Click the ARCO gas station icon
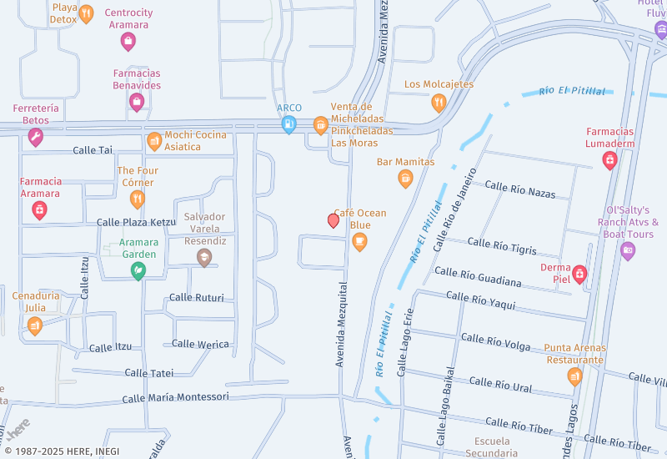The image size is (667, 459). coord(288,124)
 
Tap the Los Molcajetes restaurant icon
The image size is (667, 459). coord(439,103)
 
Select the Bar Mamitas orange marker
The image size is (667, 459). coord(405,178)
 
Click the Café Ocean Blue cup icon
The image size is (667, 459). coord(359,242)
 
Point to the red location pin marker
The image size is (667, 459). coord(333,220)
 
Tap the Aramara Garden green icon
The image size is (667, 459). coord(138,270)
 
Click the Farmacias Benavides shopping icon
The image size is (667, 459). coord(137,102)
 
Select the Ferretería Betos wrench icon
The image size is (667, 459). coord(35,137)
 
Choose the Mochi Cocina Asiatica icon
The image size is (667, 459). coord(154,141)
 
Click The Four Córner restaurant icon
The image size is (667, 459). coord(138,199)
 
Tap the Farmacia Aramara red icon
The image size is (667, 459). coord(39,209)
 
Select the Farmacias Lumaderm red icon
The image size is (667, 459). coord(610,159)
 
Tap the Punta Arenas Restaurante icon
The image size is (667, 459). coord(574,376)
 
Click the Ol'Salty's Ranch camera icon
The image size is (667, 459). coord(628,250)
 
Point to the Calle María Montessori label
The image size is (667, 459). coord(175,397)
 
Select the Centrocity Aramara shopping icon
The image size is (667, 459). coord(128,40)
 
